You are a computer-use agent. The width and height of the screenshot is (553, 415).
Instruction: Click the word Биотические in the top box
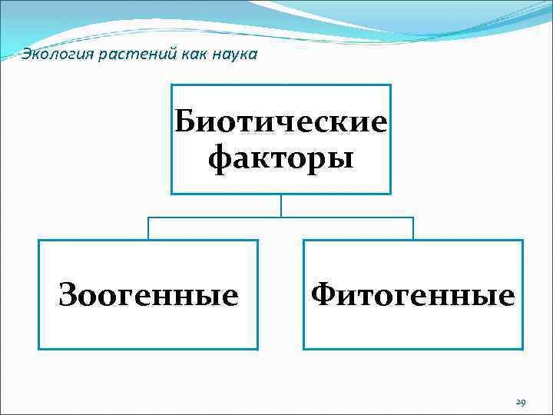281,122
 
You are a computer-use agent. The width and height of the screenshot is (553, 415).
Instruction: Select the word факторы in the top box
281,158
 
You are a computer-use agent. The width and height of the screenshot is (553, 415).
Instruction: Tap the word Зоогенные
148,295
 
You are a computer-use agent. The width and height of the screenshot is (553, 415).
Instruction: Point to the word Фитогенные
413,295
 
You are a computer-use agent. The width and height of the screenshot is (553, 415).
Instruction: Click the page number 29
520,402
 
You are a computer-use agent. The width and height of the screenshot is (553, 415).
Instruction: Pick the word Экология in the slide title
50,54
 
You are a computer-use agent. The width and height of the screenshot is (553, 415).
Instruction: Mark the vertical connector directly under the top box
281,205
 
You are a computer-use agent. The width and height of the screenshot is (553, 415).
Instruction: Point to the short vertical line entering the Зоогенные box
148,228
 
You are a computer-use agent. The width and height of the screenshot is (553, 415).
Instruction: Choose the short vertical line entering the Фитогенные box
413,228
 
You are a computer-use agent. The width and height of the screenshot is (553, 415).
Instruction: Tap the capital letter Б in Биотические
188,121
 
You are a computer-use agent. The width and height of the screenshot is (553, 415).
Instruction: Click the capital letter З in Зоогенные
68,295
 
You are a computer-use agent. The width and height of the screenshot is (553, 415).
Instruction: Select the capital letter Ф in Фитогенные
323,294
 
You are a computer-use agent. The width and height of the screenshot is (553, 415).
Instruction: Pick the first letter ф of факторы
220,159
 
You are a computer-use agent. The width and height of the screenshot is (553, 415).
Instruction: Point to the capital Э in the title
27,54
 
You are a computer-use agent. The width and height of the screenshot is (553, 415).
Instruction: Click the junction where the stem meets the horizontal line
281,217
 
